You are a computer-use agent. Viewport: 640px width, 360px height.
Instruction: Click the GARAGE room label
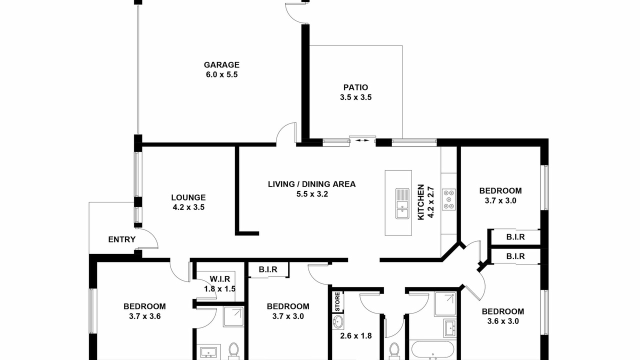(x=221, y=65)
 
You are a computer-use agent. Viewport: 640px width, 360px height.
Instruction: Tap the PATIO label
(x=355, y=87)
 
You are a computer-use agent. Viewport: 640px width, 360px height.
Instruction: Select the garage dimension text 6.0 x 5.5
(x=221, y=74)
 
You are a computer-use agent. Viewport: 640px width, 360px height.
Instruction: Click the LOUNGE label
(x=188, y=197)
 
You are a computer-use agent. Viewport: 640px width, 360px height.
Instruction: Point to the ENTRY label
(x=121, y=239)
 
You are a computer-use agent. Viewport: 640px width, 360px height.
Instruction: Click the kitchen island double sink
(x=402, y=203)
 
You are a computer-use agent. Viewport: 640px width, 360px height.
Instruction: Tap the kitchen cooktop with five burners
(x=449, y=199)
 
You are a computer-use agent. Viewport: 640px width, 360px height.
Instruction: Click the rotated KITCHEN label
(x=421, y=202)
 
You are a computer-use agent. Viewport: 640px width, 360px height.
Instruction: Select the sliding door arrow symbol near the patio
(x=362, y=140)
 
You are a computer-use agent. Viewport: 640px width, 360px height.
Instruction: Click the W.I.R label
(x=219, y=279)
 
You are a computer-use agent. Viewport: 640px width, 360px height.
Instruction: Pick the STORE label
(x=337, y=301)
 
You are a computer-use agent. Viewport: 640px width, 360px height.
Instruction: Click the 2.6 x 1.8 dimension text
(x=355, y=335)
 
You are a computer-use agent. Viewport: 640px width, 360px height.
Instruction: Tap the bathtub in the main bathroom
(x=432, y=349)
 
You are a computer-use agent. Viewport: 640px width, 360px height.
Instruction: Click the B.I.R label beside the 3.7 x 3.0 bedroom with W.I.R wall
(x=268, y=269)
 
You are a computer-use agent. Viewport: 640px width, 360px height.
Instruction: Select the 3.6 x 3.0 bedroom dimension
(x=503, y=321)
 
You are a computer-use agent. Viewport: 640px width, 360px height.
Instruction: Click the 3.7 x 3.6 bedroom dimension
(x=144, y=316)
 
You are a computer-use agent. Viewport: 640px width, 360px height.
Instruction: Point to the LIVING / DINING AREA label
(x=311, y=184)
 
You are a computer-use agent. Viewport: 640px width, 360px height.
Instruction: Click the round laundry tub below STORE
(x=338, y=322)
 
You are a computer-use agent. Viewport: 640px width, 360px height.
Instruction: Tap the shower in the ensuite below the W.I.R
(x=233, y=316)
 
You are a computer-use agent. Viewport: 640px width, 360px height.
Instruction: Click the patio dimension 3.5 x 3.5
(x=355, y=97)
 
